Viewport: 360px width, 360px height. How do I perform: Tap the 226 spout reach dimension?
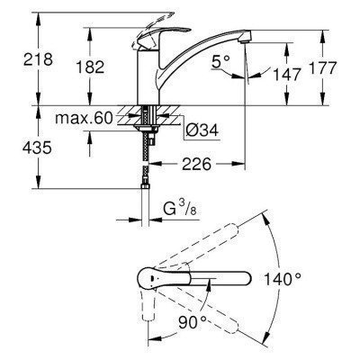(x=204, y=166)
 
